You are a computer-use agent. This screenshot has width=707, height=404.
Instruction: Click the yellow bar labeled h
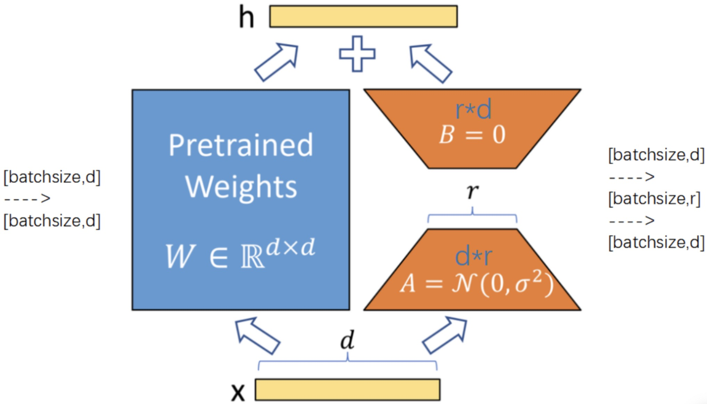[363, 16]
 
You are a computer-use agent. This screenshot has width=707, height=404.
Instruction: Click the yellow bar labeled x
[347, 390]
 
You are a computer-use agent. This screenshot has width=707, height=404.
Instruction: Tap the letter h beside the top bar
[247, 17]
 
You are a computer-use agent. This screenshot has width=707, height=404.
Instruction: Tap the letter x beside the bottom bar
[238, 392]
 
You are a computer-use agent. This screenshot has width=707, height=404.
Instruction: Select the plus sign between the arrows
[357, 54]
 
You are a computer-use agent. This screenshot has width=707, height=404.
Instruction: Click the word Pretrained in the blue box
[241, 145]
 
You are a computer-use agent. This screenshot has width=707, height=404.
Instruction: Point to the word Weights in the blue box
[241, 187]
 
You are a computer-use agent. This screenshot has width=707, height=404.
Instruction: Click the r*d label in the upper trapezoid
[473, 109]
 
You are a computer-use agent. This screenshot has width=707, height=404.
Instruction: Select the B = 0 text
[472, 135]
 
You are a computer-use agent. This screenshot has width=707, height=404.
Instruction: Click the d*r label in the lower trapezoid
[473, 257]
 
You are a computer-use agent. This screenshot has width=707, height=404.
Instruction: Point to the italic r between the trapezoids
[472, 191]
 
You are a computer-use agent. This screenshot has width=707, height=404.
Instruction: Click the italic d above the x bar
[347, 340]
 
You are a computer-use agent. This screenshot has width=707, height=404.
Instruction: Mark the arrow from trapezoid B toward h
[431, 63]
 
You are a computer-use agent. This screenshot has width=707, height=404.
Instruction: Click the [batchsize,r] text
[654, 199]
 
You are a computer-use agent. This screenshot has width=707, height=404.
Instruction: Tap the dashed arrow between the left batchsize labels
[27, 199]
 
